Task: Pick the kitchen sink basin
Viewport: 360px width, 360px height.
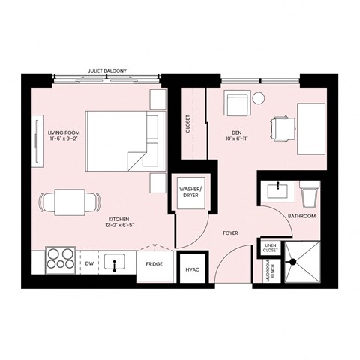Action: pos(115,263)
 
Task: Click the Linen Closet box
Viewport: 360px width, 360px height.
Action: pos(270,247)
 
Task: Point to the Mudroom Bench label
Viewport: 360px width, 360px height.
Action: pos(268,271)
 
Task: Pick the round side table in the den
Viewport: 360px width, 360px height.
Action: pos(259,97)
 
